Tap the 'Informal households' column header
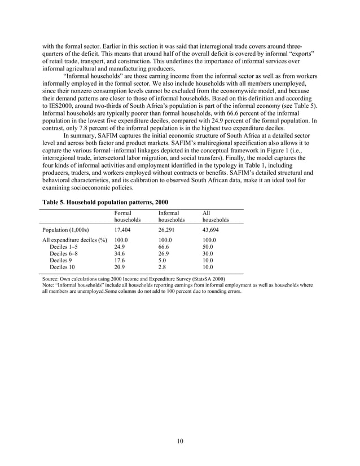pyautogui.click(x=172, y=216)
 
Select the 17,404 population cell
pyautogui.click(x=123, y=230)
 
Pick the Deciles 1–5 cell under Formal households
pyautogui.click(x=119, y=247)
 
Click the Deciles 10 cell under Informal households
pyautogui.click(x=163, y=267)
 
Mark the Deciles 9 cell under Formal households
pyautogui.click(x=119, y=261)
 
